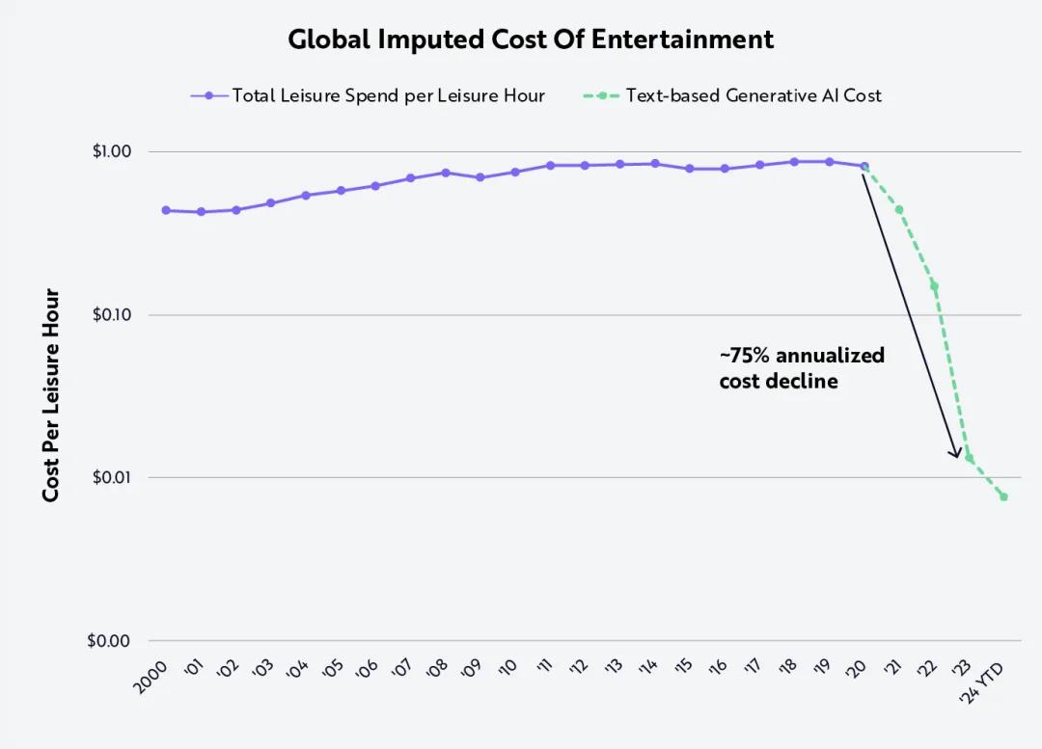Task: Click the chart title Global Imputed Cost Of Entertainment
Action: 531,40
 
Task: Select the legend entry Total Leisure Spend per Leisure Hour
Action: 388,95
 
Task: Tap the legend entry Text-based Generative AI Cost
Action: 753,95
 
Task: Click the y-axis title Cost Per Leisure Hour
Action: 51,395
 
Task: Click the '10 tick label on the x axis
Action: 507,667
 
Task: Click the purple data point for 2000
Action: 166,210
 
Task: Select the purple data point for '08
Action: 446,173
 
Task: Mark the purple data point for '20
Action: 864,166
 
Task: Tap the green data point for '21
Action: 899,209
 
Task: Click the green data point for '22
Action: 934,285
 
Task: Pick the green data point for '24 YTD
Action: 1004,496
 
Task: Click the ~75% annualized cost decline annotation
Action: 802,368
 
